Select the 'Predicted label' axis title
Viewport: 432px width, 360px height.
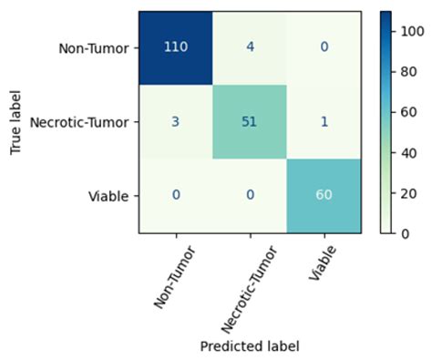point(248,346)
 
